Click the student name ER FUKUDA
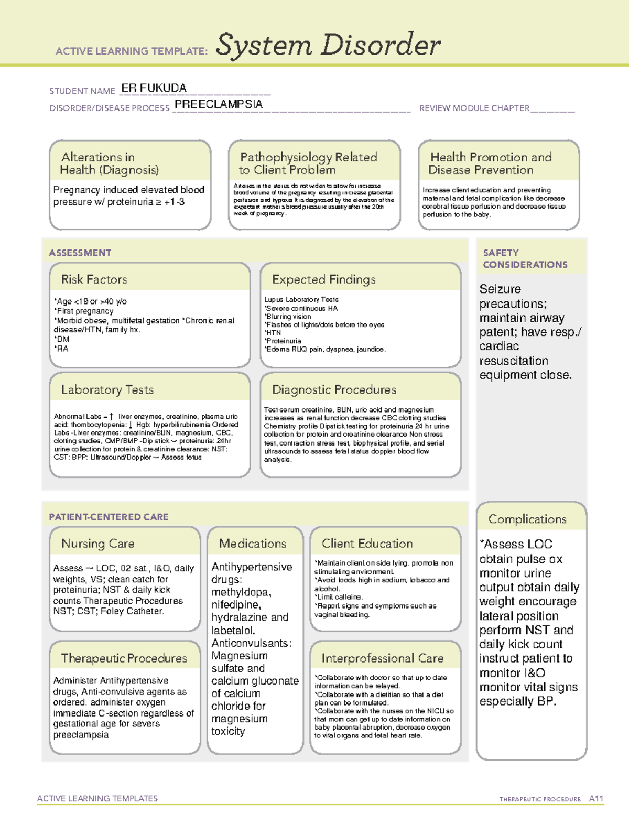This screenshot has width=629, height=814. (153, 88)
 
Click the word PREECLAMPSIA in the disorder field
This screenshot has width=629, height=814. (219, 104)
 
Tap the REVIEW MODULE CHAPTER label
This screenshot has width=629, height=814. (474, 108)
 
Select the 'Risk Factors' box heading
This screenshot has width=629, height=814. (94, 279)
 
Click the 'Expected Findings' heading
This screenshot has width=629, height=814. (323, 279)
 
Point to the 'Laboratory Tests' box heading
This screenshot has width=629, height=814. (107, 389)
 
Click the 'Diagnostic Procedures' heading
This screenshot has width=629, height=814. (334, 389)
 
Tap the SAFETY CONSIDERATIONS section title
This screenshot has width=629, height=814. (525, 259)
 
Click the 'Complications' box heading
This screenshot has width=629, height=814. (527, 519)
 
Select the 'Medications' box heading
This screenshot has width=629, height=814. (252, 544)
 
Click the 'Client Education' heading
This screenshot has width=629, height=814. (367, 544)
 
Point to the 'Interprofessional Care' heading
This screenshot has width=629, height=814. (382, 658)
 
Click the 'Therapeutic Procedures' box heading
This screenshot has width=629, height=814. (124, 658)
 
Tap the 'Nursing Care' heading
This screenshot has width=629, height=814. (97, 544)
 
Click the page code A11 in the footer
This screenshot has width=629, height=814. (596, 798)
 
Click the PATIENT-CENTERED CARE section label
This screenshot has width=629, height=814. (109, 517)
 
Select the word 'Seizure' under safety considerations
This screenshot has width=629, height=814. (500, 289)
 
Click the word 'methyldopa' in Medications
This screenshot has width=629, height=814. (241, 592)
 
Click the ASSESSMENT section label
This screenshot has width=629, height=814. (80, 253)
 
